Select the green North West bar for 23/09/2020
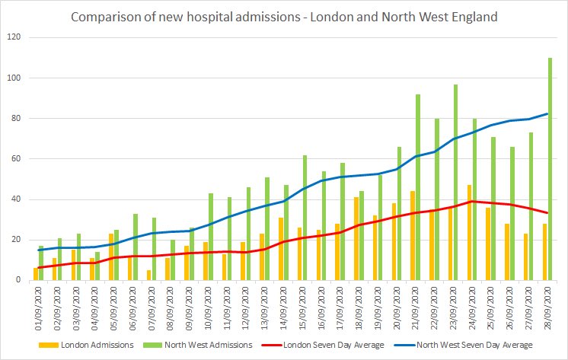(x=455, y=183)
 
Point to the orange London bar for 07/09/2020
(x=149, y=276)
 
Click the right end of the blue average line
(x=547, y=114)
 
